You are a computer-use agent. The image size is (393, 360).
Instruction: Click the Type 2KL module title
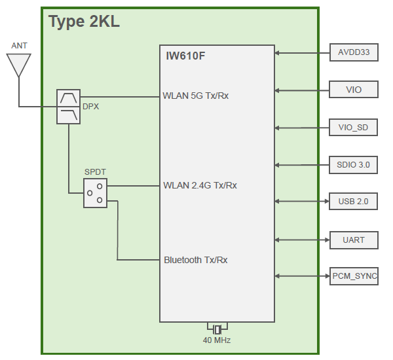(x=84, y=22)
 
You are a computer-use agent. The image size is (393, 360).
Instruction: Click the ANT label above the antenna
(x=20, y=46)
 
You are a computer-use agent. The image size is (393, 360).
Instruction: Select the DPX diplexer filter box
(x=67, y=107)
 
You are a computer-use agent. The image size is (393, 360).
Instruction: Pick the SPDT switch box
(x=95, y=193)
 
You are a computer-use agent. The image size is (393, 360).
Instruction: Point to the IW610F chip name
(x=185, y=56)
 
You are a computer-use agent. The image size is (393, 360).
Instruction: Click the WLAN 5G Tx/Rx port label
(x=196, y=96)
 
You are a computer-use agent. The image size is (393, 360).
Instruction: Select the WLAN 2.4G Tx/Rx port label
(x=200, y=185)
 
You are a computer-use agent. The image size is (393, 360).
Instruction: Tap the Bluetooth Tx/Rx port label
(x=196, y=260)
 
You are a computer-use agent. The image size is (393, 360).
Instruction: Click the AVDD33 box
(x=354, y=53)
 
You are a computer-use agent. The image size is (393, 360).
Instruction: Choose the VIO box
(x=354, y=90)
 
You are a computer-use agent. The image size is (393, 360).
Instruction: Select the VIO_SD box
(x=354, y=127)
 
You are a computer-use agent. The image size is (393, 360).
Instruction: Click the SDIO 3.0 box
(x=354, y=165)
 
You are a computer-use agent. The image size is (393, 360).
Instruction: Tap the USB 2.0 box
(x=354, y=202)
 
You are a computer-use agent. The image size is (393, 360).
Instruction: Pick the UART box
(x=354, y=240)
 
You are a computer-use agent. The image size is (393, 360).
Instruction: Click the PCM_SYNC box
(x=354, y=276)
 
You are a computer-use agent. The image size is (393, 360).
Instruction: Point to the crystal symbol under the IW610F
(x=217, y=328)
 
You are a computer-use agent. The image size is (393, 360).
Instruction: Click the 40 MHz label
(x=217, y=340)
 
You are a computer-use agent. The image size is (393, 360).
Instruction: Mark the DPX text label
(x=90, y=107)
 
